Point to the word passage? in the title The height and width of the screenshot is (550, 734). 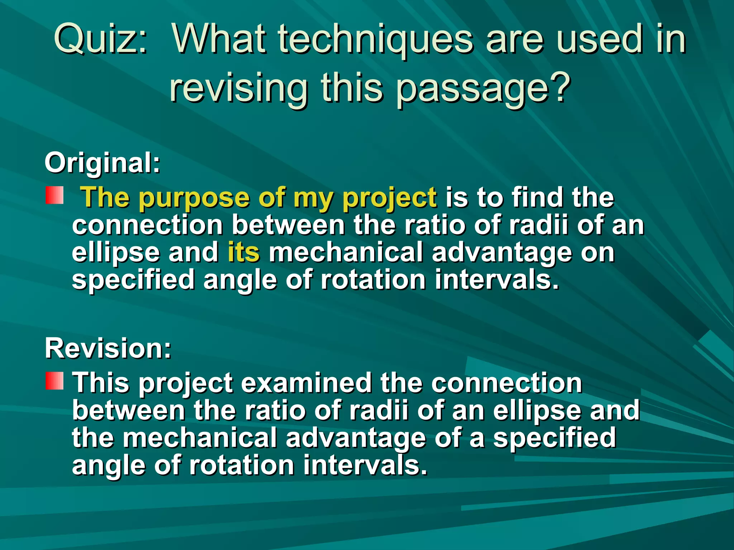[x=483, y=90]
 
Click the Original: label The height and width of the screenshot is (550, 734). [x=103, y=163]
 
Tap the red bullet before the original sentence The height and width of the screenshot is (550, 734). [x=54, y=195]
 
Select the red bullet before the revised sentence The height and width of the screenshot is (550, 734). [x=54, y=381]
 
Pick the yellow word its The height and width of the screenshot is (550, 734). [x=244, y=252]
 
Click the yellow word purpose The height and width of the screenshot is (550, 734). [x=194, y=198]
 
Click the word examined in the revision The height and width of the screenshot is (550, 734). [x=306, y=383]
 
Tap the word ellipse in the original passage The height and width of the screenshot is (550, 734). [x=116, y=253]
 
